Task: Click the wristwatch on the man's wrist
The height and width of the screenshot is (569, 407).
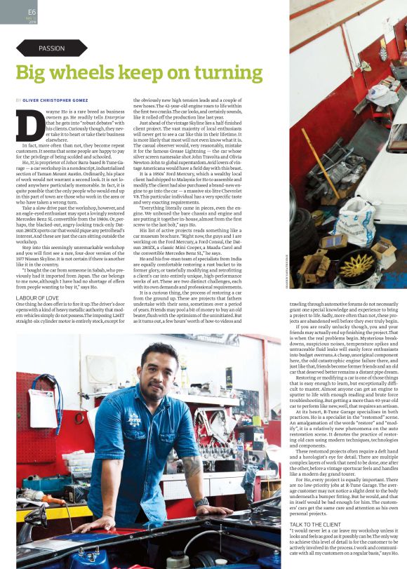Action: coord(201,502)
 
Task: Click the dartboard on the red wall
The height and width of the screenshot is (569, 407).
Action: coord(382,53)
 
